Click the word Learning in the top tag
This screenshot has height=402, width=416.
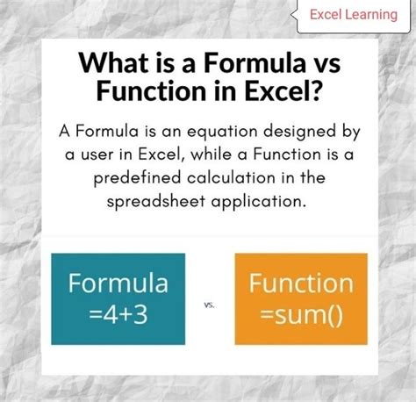pos(369,14)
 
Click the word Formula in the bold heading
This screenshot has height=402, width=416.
pos(230,63)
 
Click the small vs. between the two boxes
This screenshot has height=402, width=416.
pos(210,305)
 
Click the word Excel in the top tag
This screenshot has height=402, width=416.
pos(326,14)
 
